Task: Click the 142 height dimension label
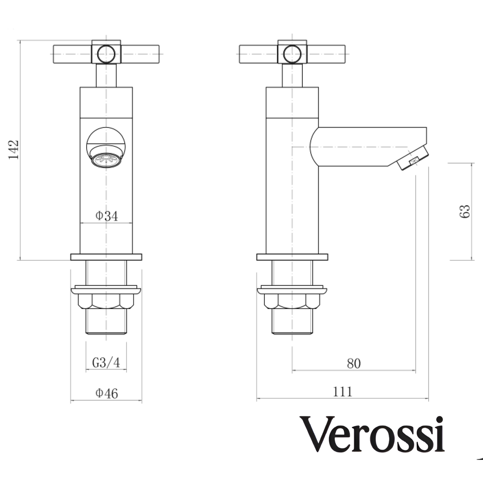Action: pos(14,150)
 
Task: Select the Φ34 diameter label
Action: pos(107,216)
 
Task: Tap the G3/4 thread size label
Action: pos(106,363)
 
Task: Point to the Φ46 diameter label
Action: pos(107,393)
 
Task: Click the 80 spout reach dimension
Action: pos(354,364)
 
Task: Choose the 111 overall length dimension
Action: pos(343,391)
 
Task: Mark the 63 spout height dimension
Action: pos(465,211)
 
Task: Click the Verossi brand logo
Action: pos(373,434)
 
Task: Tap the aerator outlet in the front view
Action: pos(106,160)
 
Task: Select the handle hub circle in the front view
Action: pos(106,54)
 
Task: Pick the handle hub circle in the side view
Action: pos(292,54)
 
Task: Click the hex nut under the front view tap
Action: pos(106,301)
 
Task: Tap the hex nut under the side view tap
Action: pos(292,301)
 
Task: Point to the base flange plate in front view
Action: pos(106,257)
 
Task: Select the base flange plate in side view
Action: pos(292,257)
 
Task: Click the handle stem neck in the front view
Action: pos(106,75)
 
